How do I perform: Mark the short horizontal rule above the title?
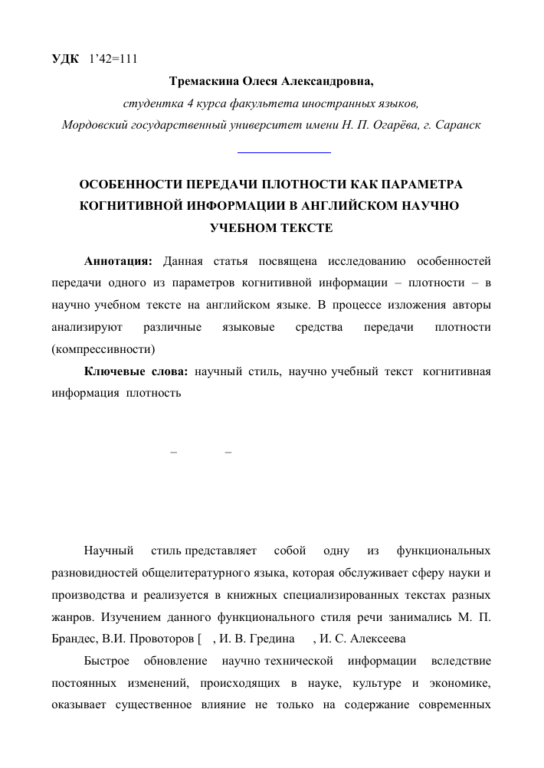pos(284,153)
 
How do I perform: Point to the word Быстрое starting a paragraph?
pos(108,660)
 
